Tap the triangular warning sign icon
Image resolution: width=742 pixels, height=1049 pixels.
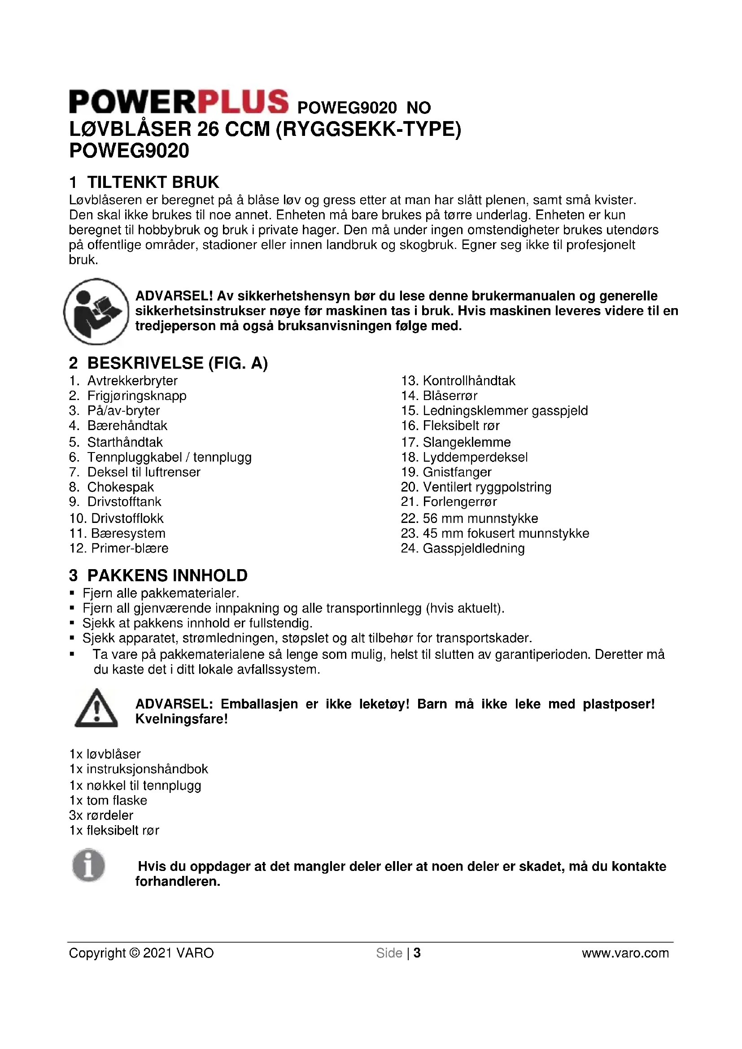pos(96,708)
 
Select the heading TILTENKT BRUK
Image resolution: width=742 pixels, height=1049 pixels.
pos(153,182)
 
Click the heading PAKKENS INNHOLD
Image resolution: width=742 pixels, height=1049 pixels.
pos(167,575)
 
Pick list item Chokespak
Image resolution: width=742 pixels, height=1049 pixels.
pos(121,487)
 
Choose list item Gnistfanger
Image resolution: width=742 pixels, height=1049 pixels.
pos(457,472)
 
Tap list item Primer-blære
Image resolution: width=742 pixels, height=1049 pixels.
pos(130,548)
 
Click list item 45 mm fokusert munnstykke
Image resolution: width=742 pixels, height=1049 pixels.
pos(506,533)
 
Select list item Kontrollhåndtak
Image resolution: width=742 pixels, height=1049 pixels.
pos(469,381)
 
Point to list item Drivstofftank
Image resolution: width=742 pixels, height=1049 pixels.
pos(124,502)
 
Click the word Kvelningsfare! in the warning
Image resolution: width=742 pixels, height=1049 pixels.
pos(181,719)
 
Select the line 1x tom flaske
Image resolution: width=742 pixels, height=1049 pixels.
pos(108,801)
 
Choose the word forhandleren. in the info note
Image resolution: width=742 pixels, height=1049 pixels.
pos(178,881)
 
